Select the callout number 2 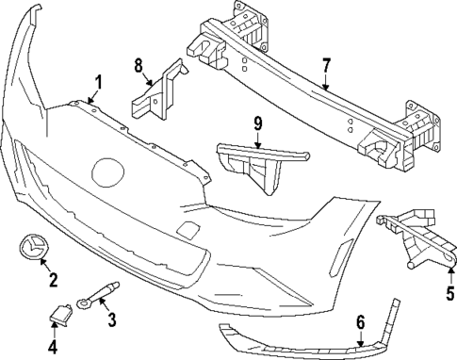pos(52,279)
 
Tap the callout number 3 pos(111,319)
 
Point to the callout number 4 pos(53,347)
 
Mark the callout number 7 pos(326,66)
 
